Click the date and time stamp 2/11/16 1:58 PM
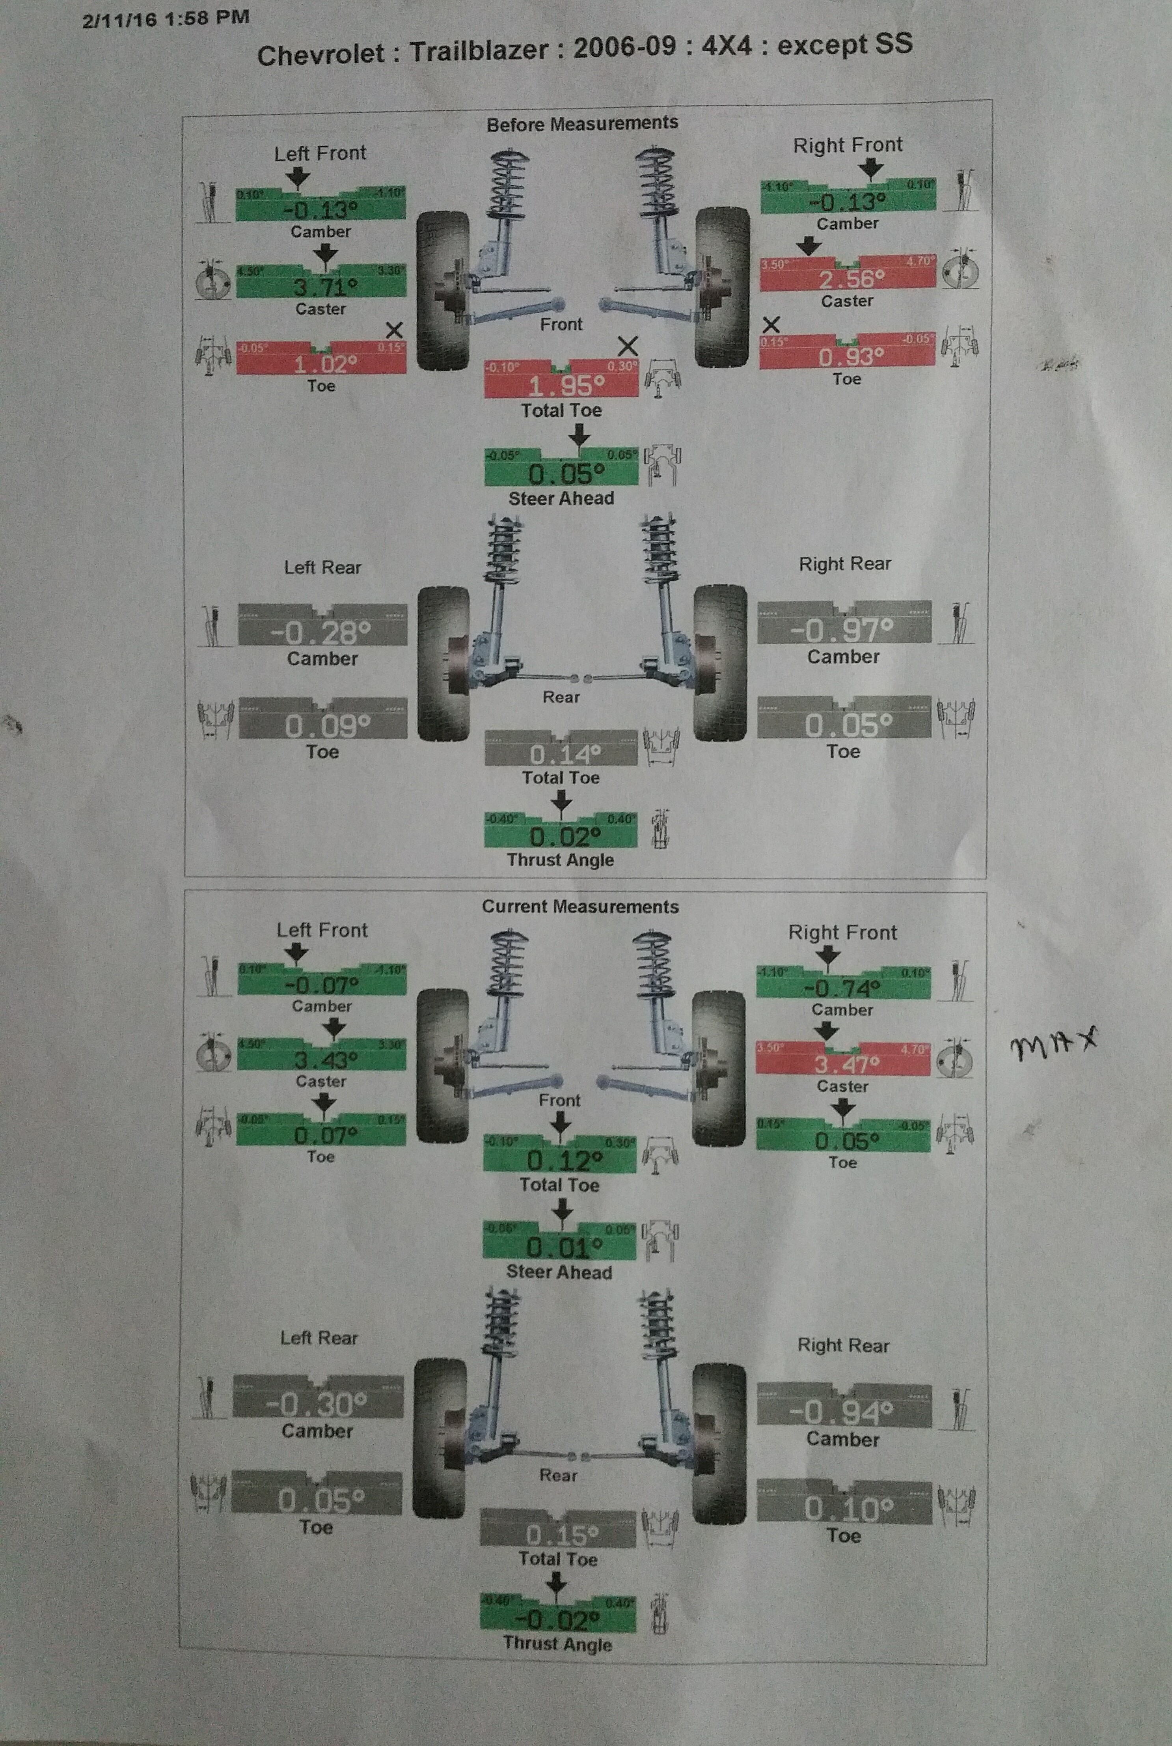click(x=166, y=18)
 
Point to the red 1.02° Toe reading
click(x=324, y=364)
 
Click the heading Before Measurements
click(x=582, y=123)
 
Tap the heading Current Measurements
click(x=580, y=907)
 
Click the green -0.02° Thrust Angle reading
click(x=557, y=1619)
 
